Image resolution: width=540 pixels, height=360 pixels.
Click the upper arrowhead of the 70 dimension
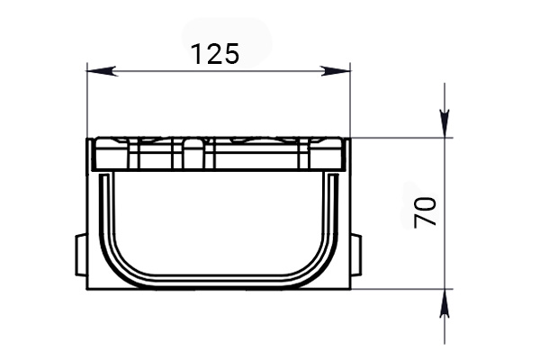click(445, 126)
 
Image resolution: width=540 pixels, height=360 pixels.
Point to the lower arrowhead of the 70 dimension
click(445, 301)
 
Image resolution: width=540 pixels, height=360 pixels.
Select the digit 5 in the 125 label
click(230, 54)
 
